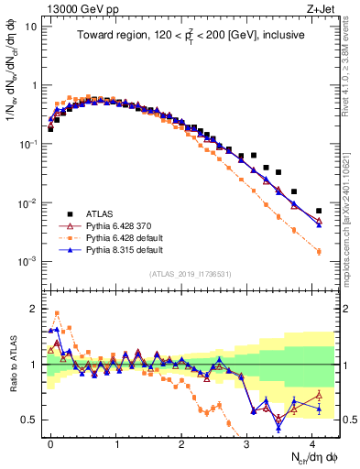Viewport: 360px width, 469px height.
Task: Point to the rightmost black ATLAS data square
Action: point(319,211)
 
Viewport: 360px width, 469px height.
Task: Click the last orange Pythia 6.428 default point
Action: point(319,252)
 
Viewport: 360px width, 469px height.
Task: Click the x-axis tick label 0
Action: point(50,442)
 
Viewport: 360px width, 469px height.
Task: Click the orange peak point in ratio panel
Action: point(57,313)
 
